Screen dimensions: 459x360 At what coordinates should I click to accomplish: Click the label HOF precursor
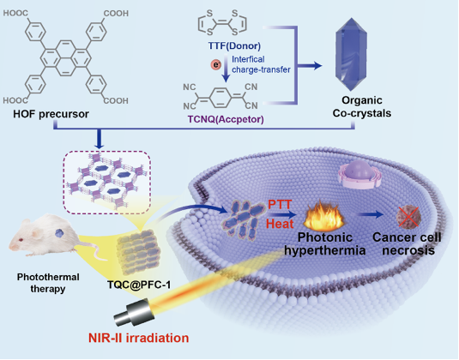pos(51,114)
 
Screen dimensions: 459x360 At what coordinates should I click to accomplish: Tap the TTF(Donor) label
pos(234,46)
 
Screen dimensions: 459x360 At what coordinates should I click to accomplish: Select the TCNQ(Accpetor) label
pos(226,119)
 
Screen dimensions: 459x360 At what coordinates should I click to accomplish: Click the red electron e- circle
pos(216,64)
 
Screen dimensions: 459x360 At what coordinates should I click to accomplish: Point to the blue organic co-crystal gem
pos(351,55)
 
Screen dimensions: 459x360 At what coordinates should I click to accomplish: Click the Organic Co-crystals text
pos(362,107)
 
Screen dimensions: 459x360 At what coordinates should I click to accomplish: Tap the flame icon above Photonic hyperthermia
pos(323,216)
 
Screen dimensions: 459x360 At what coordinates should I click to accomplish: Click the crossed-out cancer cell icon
pos(408,217)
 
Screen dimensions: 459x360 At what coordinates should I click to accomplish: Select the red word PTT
pos(281,204)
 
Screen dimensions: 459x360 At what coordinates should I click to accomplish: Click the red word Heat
pos(280,224)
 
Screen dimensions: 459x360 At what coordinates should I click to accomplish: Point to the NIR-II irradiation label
pos(139,338)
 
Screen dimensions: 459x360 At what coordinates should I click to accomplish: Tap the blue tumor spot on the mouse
pos(60,233)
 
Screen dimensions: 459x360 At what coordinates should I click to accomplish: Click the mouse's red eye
pos(21,240)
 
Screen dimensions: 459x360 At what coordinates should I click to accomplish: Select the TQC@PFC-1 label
pos(139,285)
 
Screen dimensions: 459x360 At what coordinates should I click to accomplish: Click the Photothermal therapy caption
pos(48,283)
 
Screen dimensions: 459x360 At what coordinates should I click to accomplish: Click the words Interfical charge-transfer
pos(261,64)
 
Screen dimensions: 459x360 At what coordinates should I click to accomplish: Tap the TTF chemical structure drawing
pos(222,22)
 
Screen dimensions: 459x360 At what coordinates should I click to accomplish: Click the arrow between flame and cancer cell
pos(371,215)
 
